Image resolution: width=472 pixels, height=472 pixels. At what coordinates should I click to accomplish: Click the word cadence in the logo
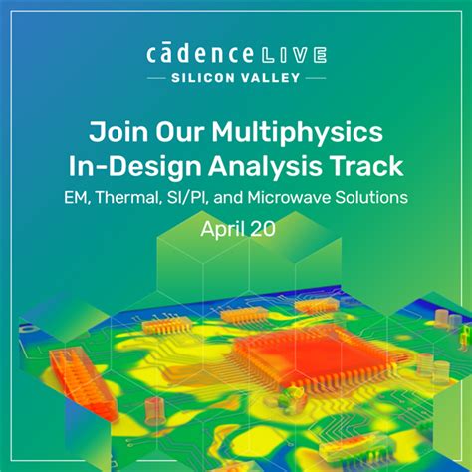(198, 53)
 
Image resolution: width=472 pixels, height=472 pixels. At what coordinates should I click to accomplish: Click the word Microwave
(287, 197)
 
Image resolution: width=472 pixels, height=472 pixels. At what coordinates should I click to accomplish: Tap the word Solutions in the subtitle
(371, 197)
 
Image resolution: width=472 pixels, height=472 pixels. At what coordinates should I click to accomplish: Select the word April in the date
(221, 229)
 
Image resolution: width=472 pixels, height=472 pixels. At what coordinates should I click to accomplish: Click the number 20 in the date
(262, 228)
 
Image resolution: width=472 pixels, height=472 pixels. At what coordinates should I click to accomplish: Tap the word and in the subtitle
(226, 197)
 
